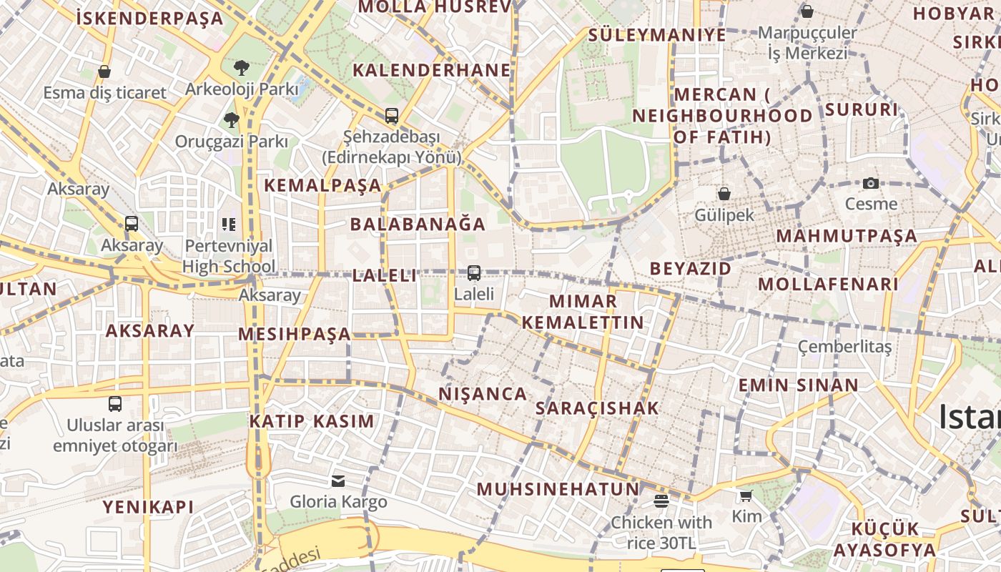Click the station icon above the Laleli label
pos(473,272)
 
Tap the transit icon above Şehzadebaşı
pos(391,115)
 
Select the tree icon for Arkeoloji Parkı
pos(242,68)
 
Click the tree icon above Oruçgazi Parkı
pos(231,119)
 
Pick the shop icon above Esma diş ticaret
pos(104,71)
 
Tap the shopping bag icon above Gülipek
pos(724,194)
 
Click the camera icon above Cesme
pos(870,183)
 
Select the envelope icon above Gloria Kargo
pos(338,480)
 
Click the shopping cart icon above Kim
pos(746,495)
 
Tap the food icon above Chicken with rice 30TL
pos(661,500)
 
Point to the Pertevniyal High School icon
pos(229,225)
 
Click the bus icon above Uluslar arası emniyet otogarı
pos(115,403)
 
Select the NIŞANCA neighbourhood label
pos(483,394)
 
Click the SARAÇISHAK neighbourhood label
pos(597,408)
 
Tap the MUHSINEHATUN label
pos(558,489)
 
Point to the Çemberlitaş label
pos(844,347)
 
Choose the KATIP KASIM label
pos(312,421)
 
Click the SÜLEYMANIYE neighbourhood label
pos(656,35)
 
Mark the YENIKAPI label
pos(148,507)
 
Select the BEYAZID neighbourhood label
pos(690,268)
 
